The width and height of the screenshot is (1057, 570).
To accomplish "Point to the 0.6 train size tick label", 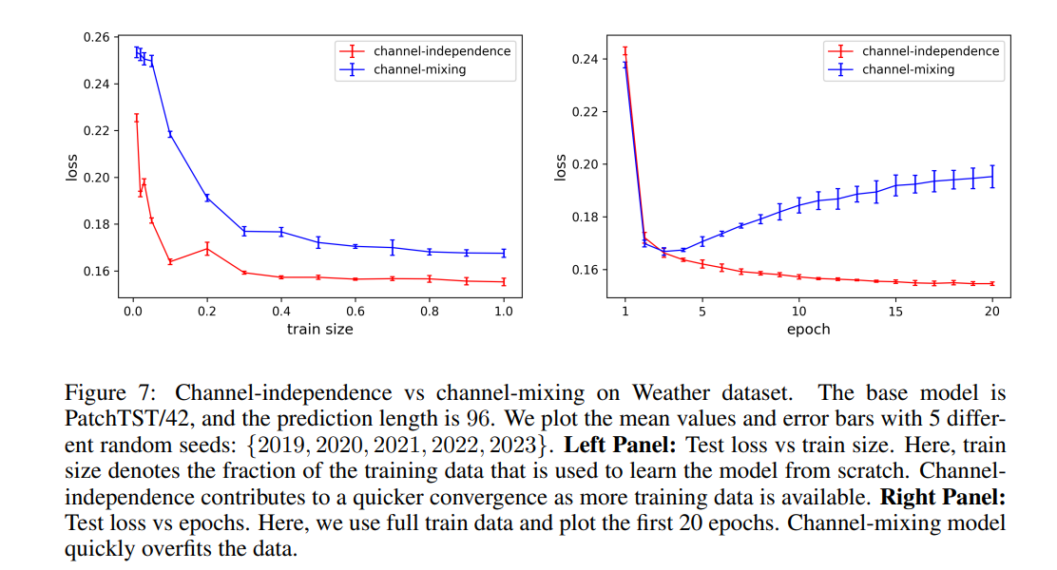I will point(356,310).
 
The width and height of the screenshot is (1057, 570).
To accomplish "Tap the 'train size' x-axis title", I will point(319,329).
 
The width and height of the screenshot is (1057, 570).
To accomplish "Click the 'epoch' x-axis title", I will point(808,329).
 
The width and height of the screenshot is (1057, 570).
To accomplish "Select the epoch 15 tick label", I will point(895,310).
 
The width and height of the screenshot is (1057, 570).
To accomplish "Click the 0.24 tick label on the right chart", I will point(586,59).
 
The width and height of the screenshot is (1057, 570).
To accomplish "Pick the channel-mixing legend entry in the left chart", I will point(419,69).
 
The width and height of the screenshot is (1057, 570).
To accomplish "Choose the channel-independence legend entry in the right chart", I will point(930,51).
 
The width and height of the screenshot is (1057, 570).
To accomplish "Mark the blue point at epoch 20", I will point(992,176).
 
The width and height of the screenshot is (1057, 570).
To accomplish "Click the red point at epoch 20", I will point(992,283).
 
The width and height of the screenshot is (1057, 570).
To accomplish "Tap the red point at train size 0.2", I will point(207,249).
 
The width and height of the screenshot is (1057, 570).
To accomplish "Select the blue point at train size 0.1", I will point(170,134).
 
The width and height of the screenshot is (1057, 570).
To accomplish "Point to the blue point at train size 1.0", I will point(504,253).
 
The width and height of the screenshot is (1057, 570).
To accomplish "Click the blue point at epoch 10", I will point(798,203).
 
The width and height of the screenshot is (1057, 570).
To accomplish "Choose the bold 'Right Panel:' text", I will point(942,497).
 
